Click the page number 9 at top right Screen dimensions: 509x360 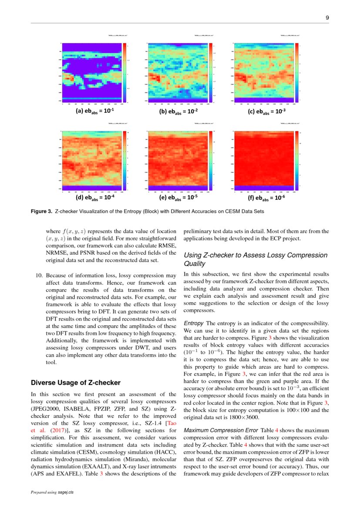click(326, 18)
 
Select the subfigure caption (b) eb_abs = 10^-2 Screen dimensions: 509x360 click(178, 111)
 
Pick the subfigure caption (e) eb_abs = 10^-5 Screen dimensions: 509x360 click(178, 197)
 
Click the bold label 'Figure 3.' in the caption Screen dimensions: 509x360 click(42, 211)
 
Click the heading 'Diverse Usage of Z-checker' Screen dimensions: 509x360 click(75, 383)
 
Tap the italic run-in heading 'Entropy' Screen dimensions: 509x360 click(194, 323)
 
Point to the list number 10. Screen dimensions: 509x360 click(38, 276)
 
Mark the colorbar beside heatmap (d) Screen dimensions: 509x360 click(124, 160)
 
